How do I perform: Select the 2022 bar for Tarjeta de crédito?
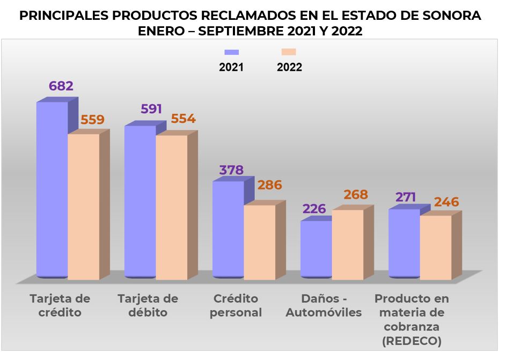click(x=83, y=207)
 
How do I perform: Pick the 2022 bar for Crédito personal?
click(x=259, y=241)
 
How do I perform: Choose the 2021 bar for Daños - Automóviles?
click(x=316, y=249)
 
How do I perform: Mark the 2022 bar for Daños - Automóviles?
click(x=347, y=244)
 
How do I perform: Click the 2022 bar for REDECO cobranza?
click(x=435, y=247)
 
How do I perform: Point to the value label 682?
click(x=61, y=86)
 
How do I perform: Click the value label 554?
click(x=183, y=119)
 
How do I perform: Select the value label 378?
click(x=231, y=170)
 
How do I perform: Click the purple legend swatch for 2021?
click(x=231, y=52)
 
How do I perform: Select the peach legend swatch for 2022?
click(x=289, y=52)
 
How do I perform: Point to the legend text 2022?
click(x=289, y=68)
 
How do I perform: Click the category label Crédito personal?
click(x=236, y=305)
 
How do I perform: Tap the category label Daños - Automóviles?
click(x=324, y=305)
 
